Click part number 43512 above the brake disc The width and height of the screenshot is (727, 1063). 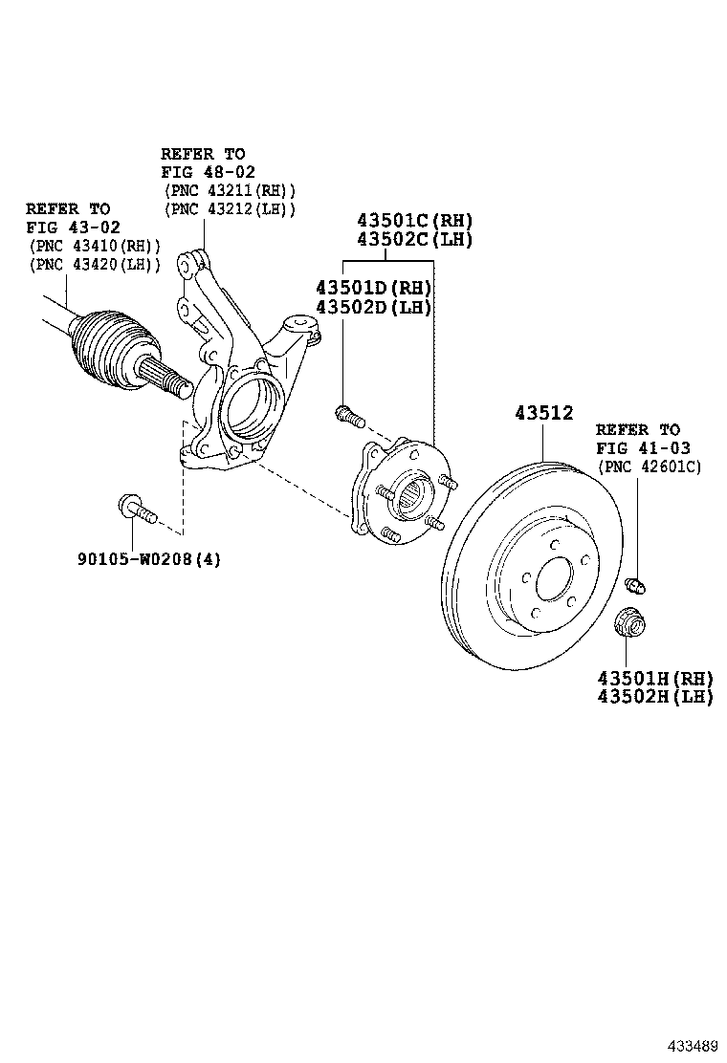pos(544,413)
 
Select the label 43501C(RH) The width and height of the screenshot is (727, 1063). pos(415,220)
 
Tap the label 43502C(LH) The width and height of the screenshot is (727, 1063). pos(415,239)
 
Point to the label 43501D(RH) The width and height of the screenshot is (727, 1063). pos(374,288)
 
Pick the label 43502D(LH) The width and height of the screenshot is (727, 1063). pos(374,307)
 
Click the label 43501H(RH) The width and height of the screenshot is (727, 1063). pos(655,678)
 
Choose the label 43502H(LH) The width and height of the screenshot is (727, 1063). pos(655,697)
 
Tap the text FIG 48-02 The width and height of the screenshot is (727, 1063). pos(208,172)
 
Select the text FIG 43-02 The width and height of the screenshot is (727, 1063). pos(73,228)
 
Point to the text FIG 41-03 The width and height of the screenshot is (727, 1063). pos(643,448)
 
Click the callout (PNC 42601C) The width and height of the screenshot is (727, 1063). pos(649,466)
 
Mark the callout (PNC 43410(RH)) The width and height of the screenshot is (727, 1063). pos(95,246)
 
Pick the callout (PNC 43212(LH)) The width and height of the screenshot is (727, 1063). pos(230,209)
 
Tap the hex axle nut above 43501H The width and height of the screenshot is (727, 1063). pos(630,622)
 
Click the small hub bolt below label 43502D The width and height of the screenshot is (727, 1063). pos(350,416)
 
